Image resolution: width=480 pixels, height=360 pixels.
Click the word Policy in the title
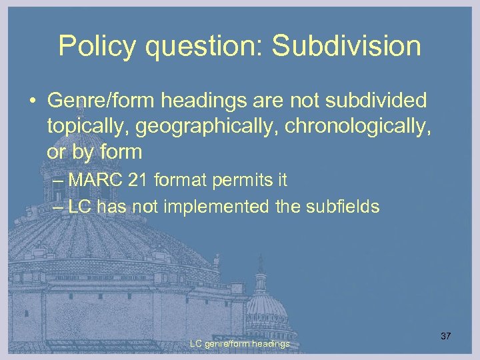[x=93, y=46]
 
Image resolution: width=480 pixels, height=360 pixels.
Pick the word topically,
[x=83, y=127]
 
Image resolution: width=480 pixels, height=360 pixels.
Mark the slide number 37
[x=445, y=336]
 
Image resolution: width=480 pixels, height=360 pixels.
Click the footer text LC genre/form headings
[x=239, y=344]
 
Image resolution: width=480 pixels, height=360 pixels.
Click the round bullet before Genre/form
[x=33, y=102]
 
